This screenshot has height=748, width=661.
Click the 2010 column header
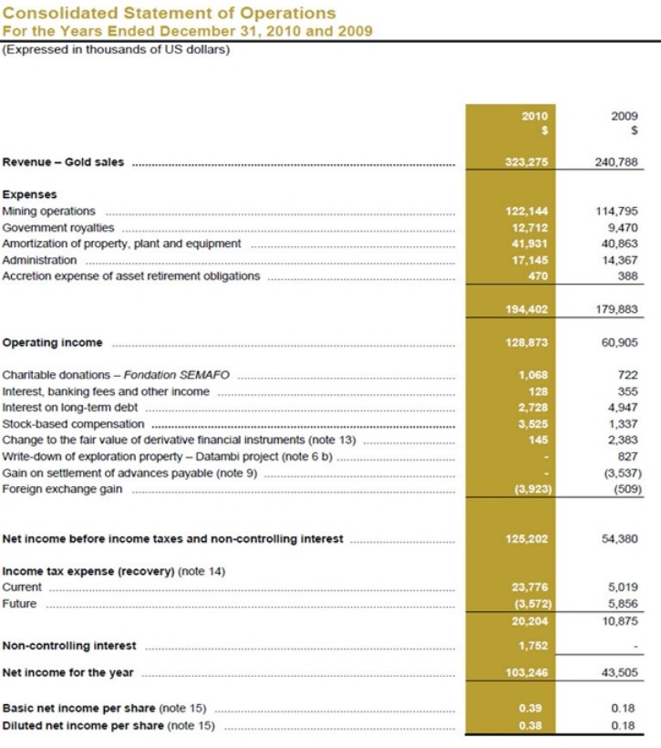(x=533, y=117)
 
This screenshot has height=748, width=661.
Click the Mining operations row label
(x=49, y=211)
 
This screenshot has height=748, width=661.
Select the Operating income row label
(x=53, y=343)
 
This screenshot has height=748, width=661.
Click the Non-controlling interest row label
(x=69, y=646)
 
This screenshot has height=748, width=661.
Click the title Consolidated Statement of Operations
(x=170, y=13)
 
